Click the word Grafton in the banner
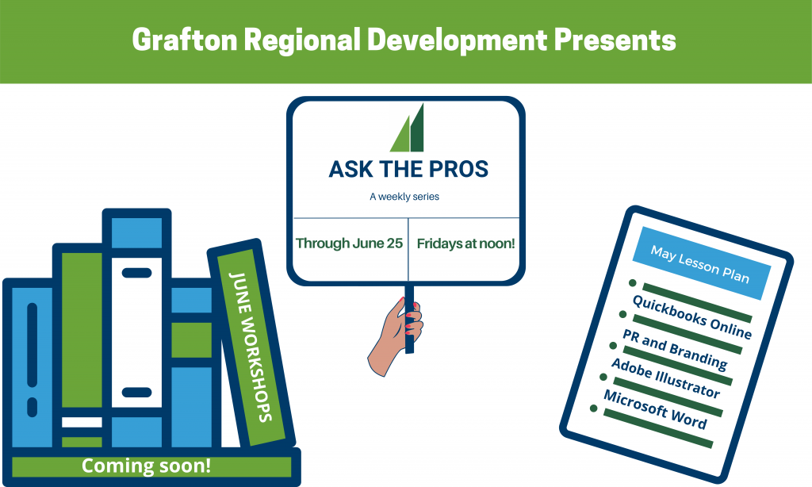(185, 40)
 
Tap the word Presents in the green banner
(615, 40)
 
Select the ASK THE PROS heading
(408, 169)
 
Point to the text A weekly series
(404, 197)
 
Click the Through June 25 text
(349, 243)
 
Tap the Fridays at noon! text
(465, 243)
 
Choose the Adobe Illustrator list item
(665, 378)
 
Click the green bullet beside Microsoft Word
(593, 408)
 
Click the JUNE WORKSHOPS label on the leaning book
(251, 347)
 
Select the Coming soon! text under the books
(146, 466)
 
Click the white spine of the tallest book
(136, 332)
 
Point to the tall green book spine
(82, 330)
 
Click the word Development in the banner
(458, 40)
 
